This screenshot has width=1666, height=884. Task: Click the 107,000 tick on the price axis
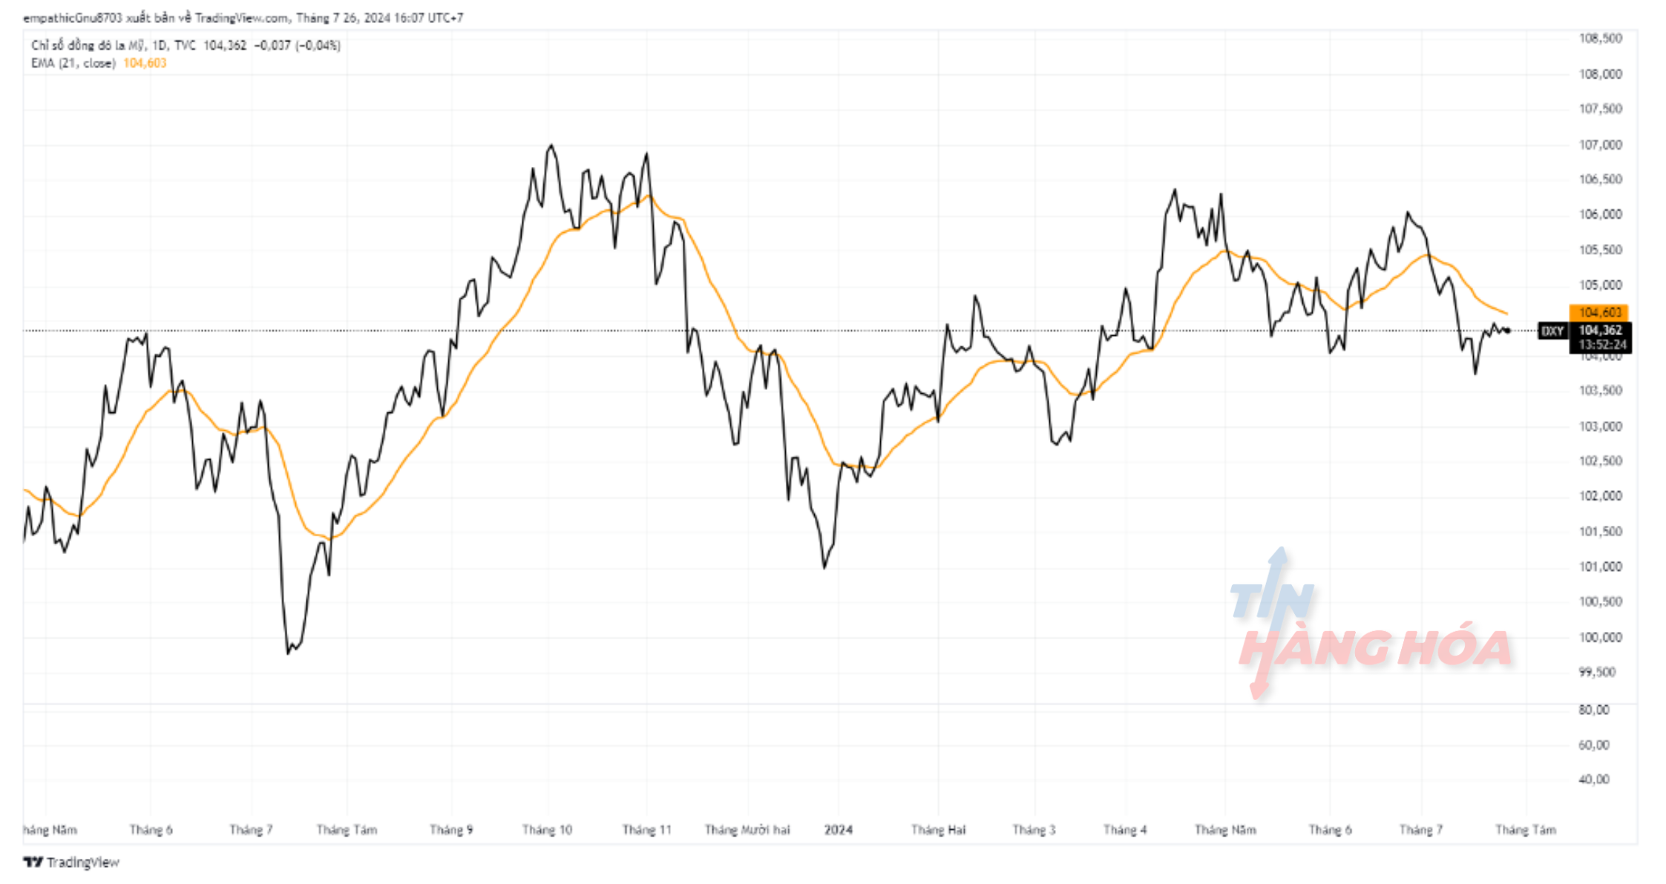pos(1600,145)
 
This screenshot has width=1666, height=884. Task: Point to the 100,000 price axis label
pos(1600,637)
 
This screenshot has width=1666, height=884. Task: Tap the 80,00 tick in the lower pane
pos(1594,710)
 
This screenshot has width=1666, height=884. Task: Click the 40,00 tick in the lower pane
pos(1594,779)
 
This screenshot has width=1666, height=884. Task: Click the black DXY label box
pos(1552,331)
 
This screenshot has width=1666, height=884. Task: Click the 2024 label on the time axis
pos(839,830)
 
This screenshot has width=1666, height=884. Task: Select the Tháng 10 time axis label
pos(547,830)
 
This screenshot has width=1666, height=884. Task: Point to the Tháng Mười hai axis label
pos(747,830)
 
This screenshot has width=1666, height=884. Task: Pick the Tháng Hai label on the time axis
pos(938,830)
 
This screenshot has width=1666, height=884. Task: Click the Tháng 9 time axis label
pos(451,830)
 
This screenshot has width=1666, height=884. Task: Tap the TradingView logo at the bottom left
pos(71,862)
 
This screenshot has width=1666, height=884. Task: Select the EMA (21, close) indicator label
pos(73,63)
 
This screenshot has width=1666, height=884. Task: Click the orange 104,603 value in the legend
pos(145,63)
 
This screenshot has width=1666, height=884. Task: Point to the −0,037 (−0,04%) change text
pos(297,45)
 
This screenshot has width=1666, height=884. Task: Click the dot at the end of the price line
pos(1507,331)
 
